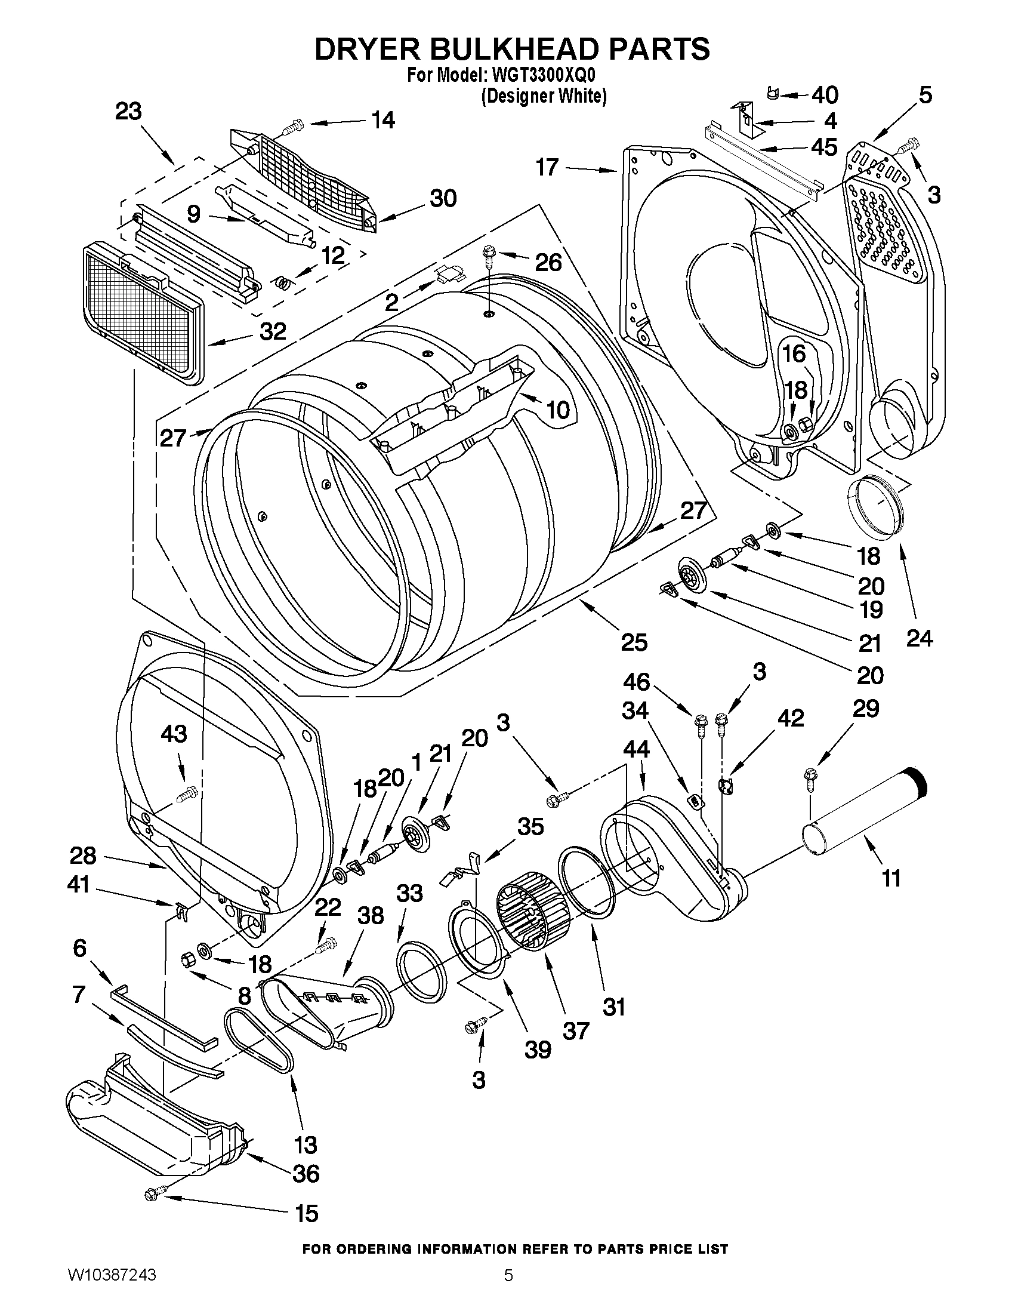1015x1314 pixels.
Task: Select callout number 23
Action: pyautogui.click(x=128, y=112)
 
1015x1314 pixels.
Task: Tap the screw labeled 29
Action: pyautogui.click(x=810, y=779)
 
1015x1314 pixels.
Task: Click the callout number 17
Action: pyautogui.click(x=547, y=167)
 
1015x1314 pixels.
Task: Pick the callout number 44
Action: pyautogui.click(x=635, y=749)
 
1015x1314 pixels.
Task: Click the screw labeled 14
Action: pyautogui.click(x=292, y=128)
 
